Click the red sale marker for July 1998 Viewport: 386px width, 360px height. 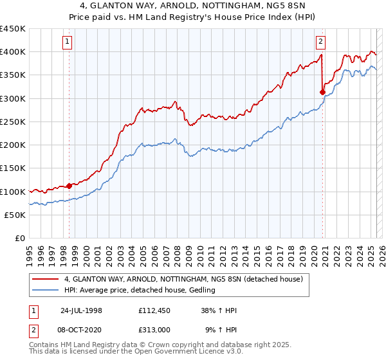(69, 186)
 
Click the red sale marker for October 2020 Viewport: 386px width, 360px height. (322, 92)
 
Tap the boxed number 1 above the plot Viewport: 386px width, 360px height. (68, 42)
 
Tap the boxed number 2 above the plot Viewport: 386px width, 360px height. (320, 42)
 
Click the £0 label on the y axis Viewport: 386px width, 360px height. (19, 238)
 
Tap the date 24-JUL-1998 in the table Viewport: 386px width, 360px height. (81, 310)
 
